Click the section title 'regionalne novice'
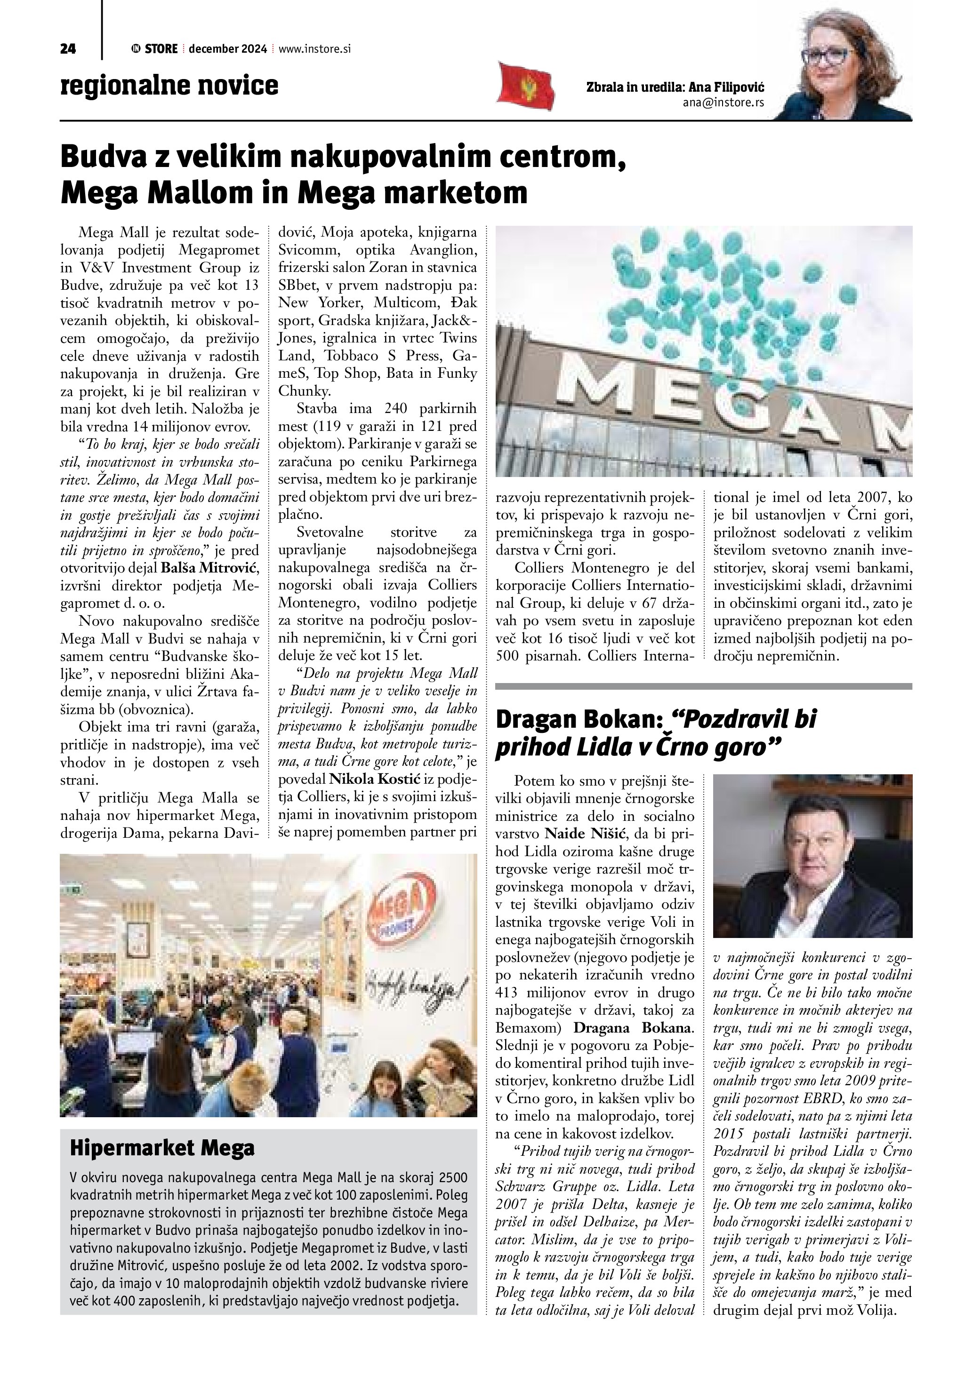click(x=169, y=86)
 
